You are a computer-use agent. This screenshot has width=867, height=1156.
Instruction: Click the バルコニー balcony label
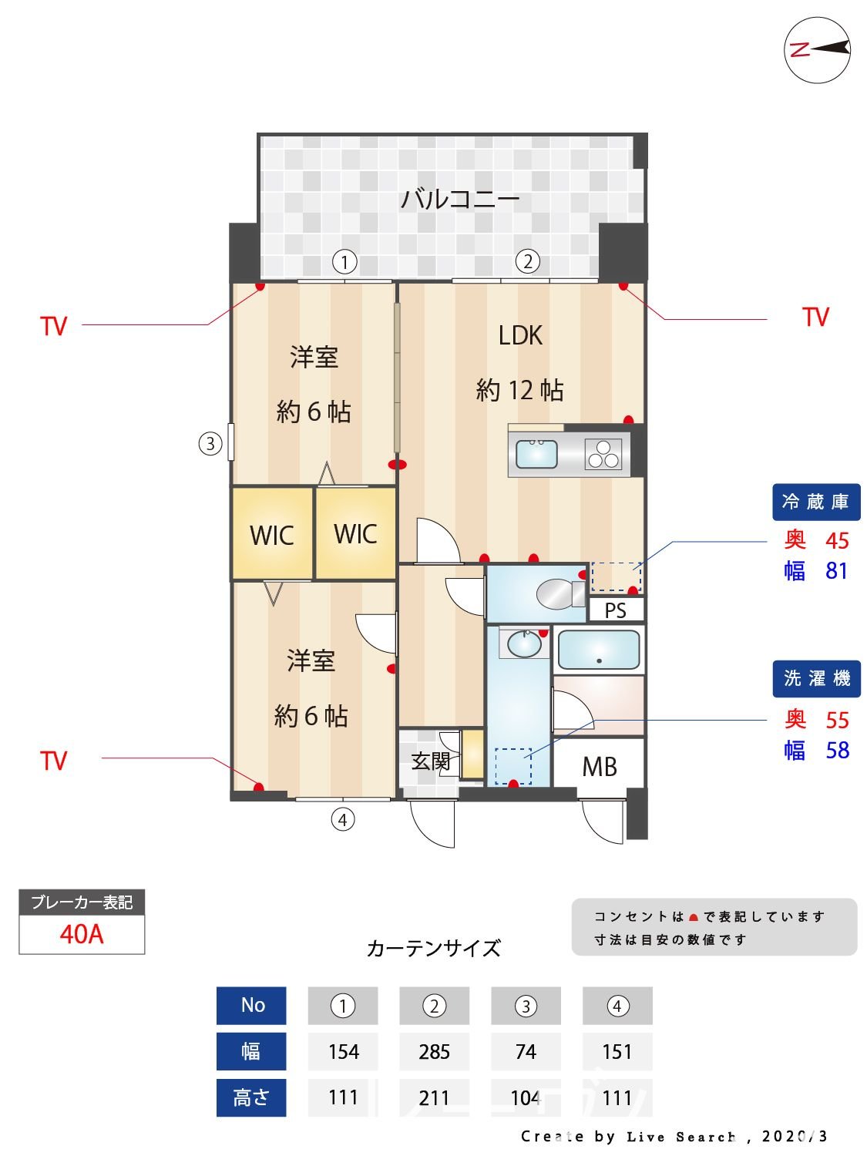459,200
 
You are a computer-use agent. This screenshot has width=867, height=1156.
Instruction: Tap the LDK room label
520,335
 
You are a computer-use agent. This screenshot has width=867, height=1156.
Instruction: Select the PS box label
615,611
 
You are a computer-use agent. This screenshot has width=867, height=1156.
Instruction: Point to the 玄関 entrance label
430,761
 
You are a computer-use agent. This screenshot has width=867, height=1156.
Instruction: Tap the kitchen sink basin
536,454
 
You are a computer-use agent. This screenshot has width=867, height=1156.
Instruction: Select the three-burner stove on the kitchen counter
603,454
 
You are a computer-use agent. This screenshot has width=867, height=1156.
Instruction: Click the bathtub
598,650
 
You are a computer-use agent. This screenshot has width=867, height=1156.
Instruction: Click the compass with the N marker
817,50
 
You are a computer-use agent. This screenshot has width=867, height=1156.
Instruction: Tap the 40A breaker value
82,934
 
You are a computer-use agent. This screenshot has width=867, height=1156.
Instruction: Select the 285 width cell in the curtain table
434,1052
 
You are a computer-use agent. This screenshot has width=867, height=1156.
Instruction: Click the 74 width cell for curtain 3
526,1052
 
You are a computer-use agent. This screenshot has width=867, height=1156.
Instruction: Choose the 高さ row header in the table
251,1097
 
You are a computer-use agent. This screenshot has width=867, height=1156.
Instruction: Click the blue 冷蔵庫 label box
815,502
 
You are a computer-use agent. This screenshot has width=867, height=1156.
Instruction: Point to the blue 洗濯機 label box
816,678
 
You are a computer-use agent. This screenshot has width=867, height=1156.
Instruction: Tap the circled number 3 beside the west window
210,444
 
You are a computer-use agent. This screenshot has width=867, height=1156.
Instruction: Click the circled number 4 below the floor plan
343,819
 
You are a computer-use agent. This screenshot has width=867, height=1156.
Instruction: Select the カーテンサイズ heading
433,948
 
